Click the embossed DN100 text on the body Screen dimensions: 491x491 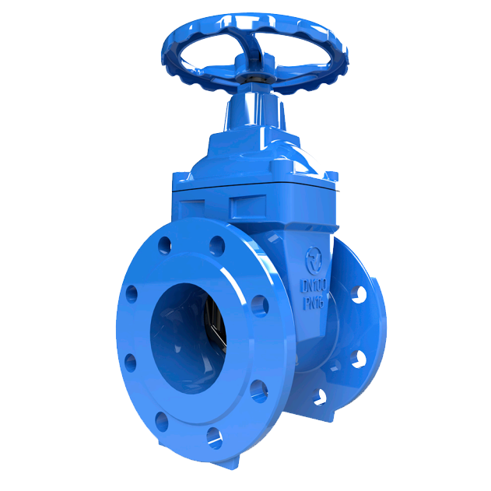pos(314,286)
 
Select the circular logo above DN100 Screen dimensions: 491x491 pos(314,261)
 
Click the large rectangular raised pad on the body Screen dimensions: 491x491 pos(248,207)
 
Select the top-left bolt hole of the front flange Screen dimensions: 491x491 pos(164,245)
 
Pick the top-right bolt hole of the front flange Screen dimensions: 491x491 pos(217,246)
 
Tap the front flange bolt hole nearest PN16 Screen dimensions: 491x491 pos(260,306)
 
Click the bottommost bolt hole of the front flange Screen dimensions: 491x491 pos(215,438)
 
